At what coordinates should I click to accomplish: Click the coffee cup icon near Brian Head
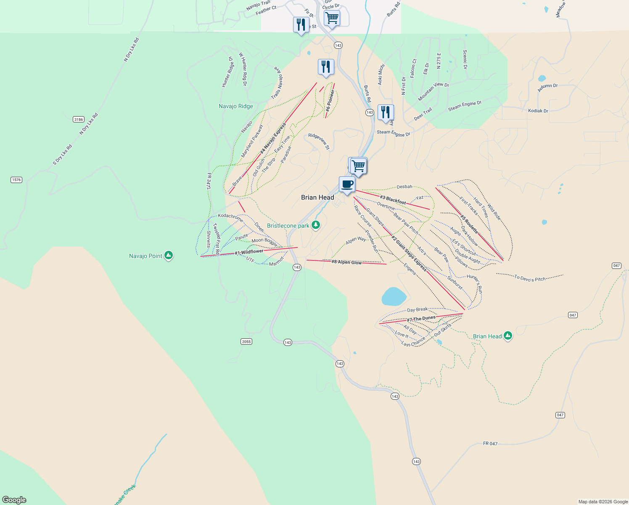point(347,184)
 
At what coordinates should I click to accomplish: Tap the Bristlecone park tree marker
point(316,225)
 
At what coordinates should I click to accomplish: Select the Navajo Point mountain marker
point(169,255)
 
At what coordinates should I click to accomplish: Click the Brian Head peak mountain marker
point(508,335)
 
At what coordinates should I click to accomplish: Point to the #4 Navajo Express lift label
point(273,138)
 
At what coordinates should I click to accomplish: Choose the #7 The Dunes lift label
point(421,319)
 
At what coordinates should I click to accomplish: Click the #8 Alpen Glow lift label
point(346,262)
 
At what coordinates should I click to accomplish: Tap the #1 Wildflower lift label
point(249,252)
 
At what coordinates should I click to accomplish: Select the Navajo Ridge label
point(236,106)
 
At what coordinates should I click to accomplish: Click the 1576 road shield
point(16,180)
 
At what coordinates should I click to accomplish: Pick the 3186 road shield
point(79,120)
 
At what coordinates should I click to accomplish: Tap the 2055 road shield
point(246,341)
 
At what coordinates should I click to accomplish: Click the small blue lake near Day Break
point(394,296)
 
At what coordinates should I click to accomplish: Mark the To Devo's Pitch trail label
point(530,278)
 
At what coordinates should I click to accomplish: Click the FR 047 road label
point(490,444)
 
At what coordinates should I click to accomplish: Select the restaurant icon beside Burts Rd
point(386,112)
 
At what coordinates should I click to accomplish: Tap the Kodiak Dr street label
point(538,111)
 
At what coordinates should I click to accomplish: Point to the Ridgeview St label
point(319,141)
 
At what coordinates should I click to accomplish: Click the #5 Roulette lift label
point(469,224)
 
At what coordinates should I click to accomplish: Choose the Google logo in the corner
point(14,500)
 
